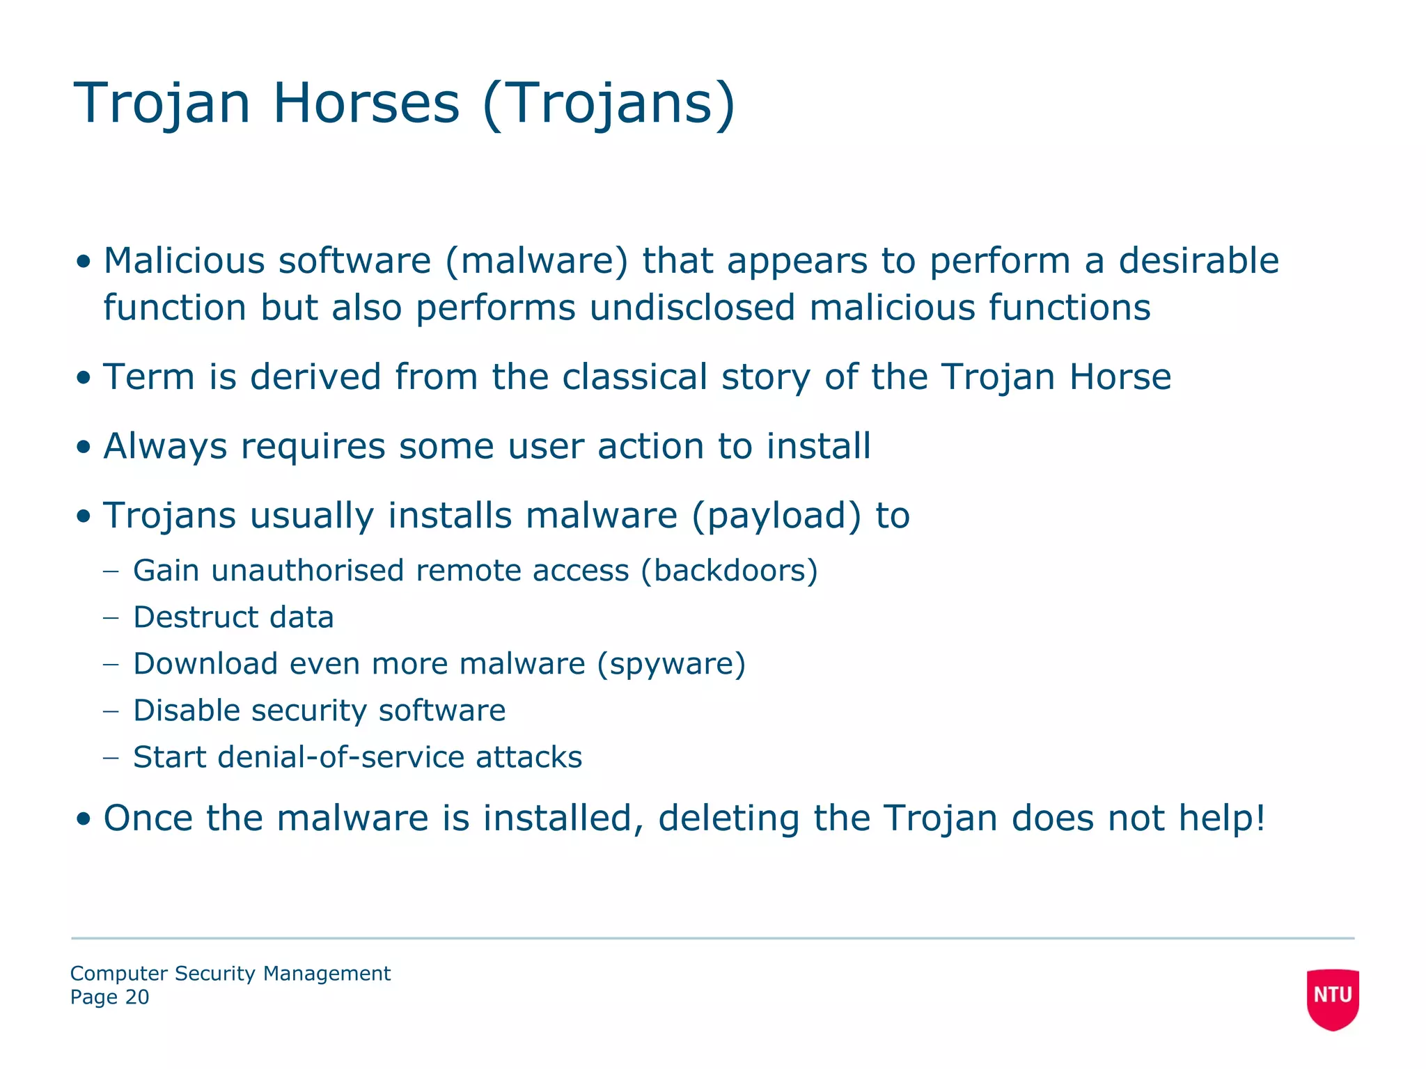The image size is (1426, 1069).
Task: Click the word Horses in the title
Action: [366, 103]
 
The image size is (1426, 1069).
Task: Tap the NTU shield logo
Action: [1332, 997]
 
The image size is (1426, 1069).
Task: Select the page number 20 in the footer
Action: [136, 997]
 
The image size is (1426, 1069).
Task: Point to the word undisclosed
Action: [692, 308]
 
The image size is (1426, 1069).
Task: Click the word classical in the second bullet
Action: [634, 377]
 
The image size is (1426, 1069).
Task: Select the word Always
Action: [165, 446]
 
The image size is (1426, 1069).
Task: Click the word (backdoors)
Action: [729, 571]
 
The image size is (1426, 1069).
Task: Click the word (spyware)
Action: [671, 664]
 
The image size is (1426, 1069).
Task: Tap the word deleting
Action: [728, 818]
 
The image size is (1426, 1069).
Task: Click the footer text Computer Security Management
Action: [230, 974]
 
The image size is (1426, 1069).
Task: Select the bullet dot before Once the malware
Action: [84, 819]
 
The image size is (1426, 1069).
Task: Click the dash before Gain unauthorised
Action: [111, 571]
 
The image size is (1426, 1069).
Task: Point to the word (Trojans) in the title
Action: [608, 103]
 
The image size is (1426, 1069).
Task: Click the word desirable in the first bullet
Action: [1198, 261]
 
